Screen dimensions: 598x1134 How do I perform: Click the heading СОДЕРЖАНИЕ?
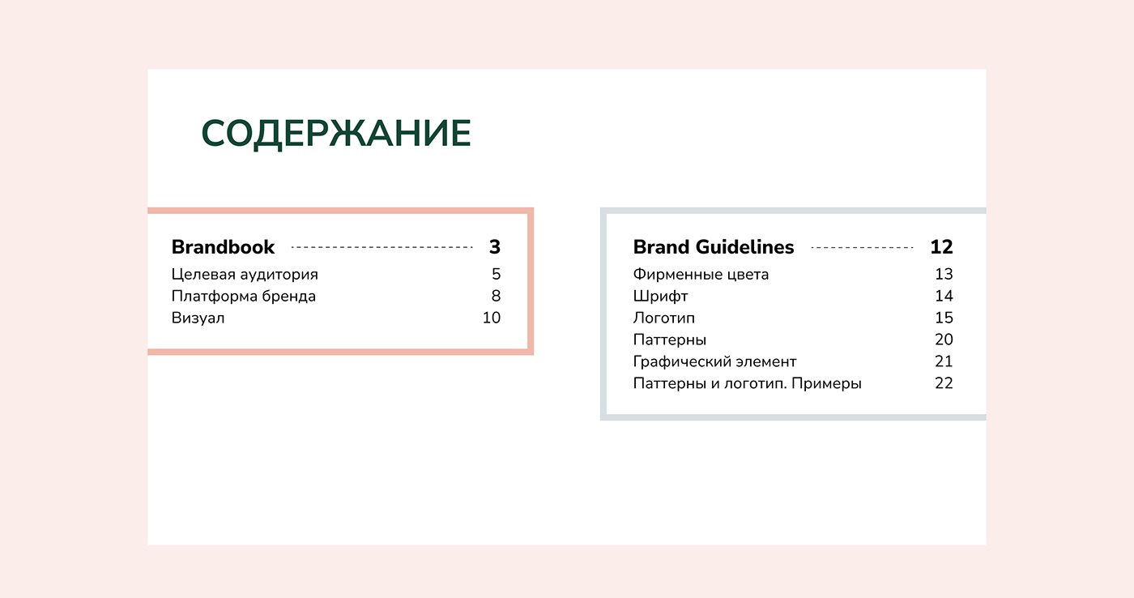(x=336, y=134)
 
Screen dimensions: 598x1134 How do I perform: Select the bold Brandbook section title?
(x=224, y=247)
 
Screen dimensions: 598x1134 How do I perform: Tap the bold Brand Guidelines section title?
(x=714, y=247)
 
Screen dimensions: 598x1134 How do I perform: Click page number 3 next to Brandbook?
(x=495, y=247)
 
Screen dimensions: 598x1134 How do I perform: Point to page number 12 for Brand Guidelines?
(x=941, y=247)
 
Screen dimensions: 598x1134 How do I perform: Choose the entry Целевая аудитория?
(x=245, y=275)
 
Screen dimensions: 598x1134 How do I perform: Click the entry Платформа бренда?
(x=244, y=297)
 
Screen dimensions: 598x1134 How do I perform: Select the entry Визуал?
(x=198, y=318)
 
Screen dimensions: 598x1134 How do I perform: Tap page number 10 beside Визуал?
(x=492, y=318)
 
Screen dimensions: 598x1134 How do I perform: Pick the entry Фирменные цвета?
(x=701, y=275)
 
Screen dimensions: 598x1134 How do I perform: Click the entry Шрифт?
(x=661, y=297)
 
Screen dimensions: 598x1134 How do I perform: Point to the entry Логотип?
(x=664, y=318)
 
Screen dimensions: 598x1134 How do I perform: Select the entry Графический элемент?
(x=715, y=362)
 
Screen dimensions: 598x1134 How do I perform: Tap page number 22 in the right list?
(x=944, y=384)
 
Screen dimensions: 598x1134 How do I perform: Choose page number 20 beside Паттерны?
(x=944, y=340)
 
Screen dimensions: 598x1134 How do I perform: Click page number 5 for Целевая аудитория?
(x=496, y=275)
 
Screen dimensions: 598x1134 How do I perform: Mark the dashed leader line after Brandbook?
(x=382, y=247)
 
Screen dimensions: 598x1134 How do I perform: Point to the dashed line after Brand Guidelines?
(x=862, y=247)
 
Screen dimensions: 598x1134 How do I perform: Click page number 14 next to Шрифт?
(x=944, y=297)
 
